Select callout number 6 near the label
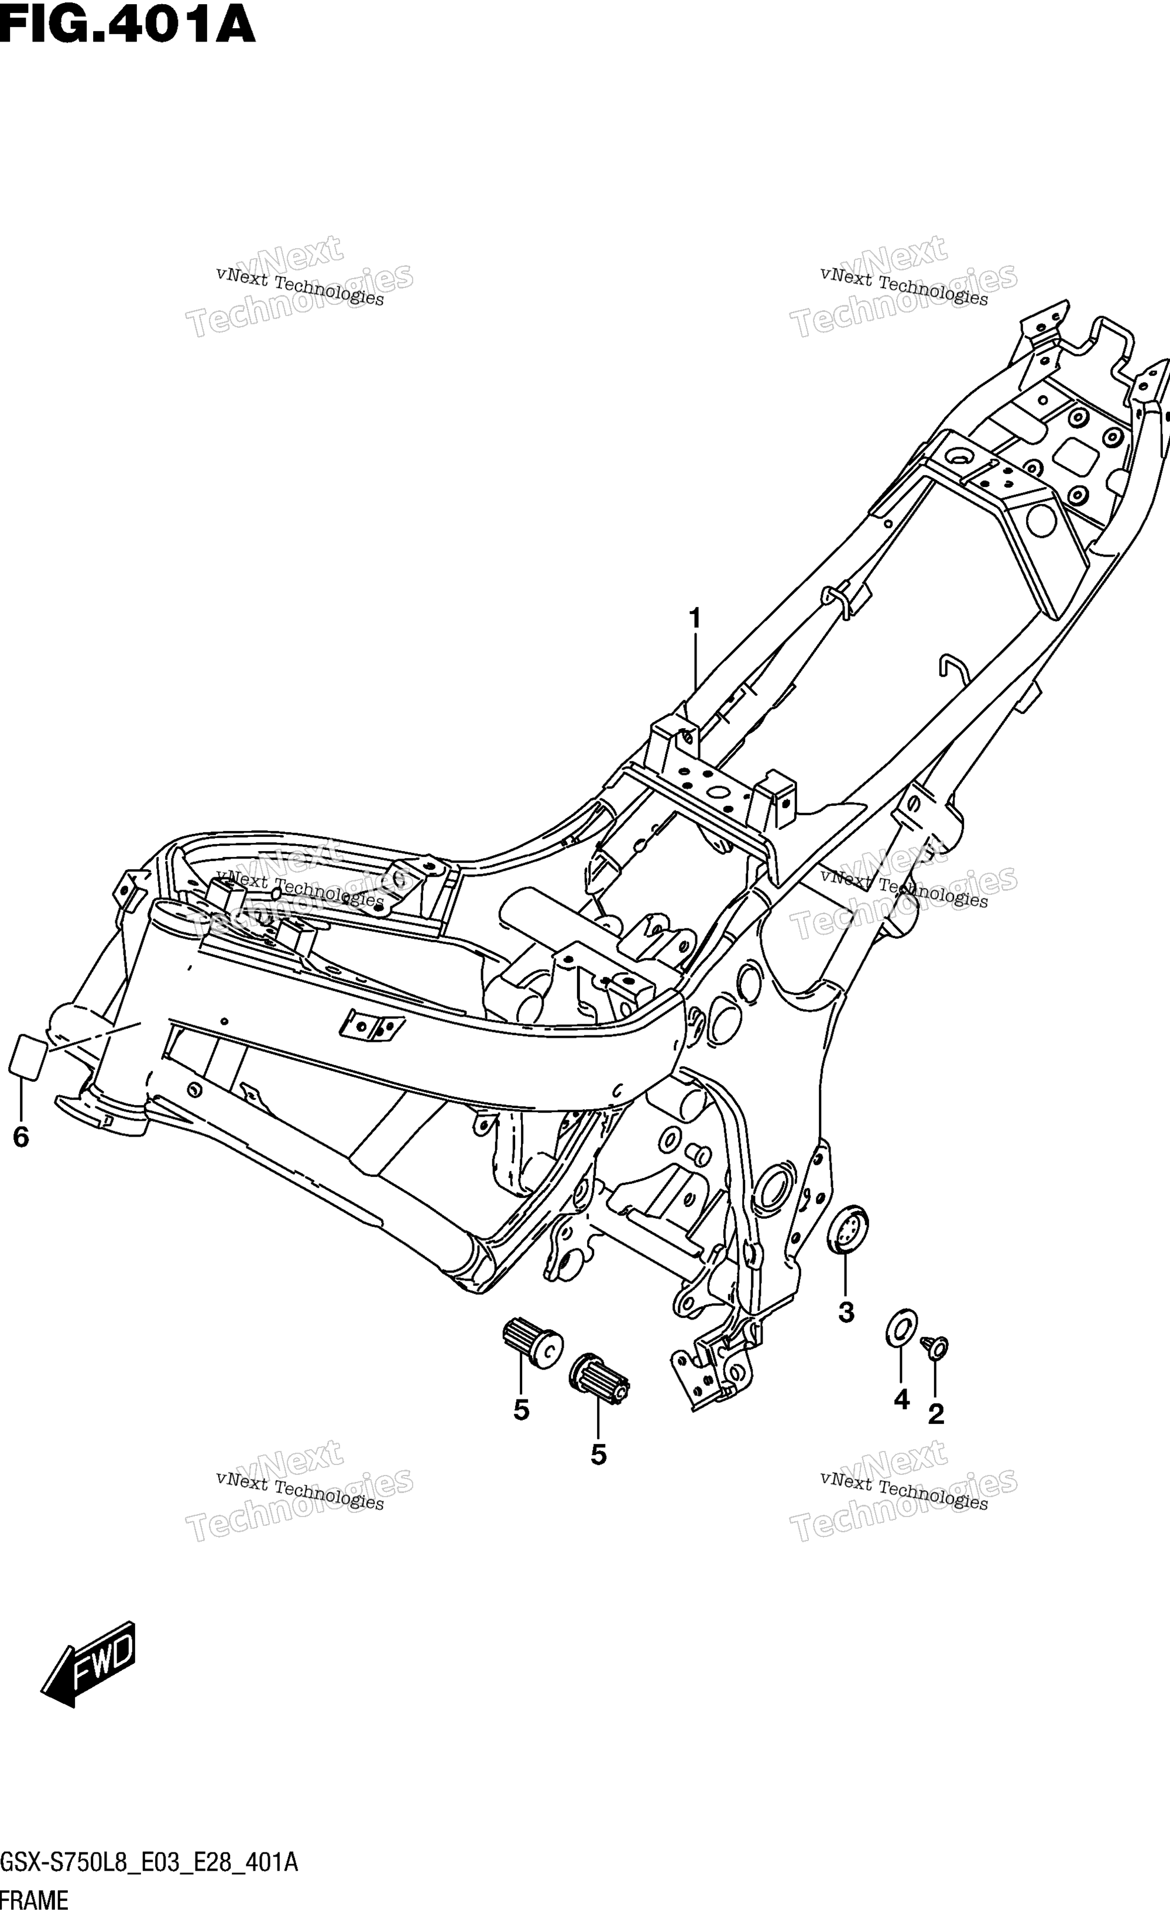21,1137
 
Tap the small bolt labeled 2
935,1347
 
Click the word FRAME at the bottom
35,1901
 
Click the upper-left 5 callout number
521,1410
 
